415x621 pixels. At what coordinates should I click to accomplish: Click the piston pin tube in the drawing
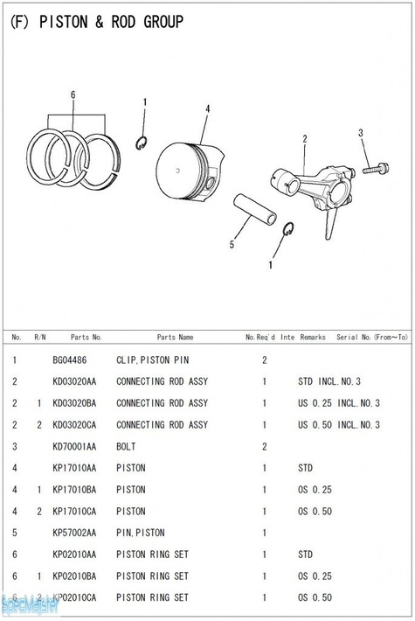255,209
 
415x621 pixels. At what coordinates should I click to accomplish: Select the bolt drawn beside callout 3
376,169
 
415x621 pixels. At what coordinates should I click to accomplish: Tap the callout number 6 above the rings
73,94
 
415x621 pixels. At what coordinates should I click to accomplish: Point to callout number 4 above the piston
207,109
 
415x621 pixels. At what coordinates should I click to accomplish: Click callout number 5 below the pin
232,245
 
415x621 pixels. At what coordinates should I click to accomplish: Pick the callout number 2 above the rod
305,139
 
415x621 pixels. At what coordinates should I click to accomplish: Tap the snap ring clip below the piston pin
288,229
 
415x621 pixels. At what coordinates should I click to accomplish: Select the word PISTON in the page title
63,22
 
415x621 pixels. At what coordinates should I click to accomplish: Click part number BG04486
69,360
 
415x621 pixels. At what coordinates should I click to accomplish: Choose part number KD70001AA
74,447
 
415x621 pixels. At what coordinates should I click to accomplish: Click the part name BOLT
126,447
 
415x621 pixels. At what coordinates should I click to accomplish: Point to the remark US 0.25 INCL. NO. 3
339,403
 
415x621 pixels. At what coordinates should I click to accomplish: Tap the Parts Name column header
176,337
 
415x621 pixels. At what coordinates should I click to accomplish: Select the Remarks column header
313,337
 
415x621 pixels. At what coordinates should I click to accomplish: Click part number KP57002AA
74,533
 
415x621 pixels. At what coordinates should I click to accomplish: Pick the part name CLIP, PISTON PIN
152,360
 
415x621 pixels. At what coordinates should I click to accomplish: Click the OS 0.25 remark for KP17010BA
315,490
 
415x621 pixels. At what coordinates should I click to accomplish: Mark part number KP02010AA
74,555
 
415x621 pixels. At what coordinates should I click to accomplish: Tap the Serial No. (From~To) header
372,337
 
